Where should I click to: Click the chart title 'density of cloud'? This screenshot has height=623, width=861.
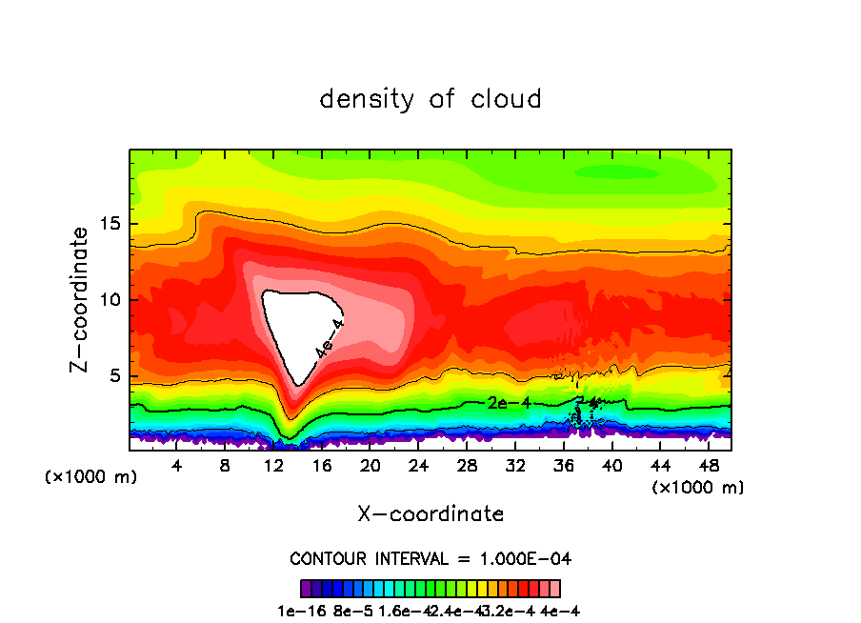[x=430, y=99]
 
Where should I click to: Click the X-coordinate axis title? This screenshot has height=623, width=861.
[x=430, y=514]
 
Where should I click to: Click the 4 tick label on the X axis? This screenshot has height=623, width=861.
[x=177, y=466]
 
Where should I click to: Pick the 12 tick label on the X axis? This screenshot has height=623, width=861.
[x=273, y=466]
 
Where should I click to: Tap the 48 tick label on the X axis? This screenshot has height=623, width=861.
[x=709, y=466]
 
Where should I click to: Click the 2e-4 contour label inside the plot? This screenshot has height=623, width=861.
[x=509, y=403]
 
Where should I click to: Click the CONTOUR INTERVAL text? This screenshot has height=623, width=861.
[x=430, y=558]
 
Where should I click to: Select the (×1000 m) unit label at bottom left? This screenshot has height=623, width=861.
[x=91, y=477]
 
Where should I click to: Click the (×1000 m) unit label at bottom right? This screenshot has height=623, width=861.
[x=698, y=488]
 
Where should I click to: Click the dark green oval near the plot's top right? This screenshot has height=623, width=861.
[x=618, y=172]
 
